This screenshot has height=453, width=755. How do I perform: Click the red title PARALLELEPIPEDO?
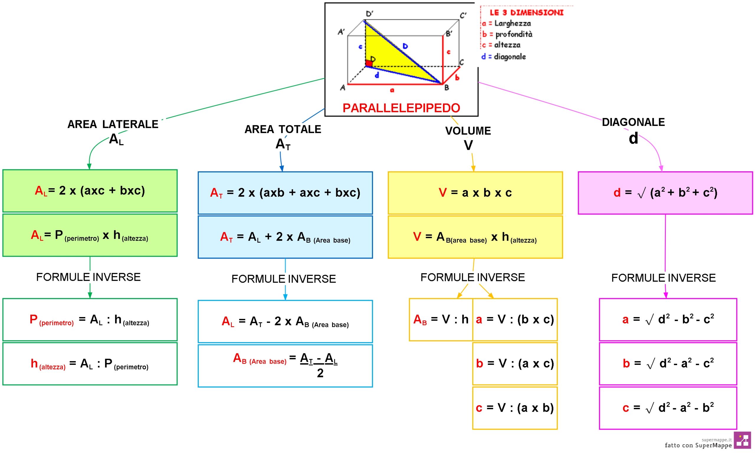(401, 108)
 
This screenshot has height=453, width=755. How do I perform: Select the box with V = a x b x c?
(475, 193)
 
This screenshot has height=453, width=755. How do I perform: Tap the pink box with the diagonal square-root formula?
(665, 193)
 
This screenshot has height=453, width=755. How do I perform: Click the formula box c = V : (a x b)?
(515, 408)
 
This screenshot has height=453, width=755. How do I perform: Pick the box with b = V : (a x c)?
(515, 363)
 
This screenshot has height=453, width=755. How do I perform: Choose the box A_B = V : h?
(441, 319)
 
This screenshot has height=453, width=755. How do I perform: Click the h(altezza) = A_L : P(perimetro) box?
(90, 364)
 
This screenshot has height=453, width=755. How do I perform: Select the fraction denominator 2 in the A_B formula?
(320, 373)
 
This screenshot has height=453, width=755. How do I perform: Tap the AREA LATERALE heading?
(113, 124)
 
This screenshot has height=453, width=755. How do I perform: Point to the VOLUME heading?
(468, 131)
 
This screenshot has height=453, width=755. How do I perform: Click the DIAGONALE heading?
(633, 122)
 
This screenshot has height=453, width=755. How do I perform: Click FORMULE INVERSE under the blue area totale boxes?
(283, 279)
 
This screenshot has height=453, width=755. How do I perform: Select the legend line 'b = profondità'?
(507, 34)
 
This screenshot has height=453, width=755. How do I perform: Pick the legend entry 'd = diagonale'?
(503, 56)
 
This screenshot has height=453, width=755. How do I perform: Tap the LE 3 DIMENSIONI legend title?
(526, 12)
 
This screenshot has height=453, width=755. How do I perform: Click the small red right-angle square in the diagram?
(369, 63)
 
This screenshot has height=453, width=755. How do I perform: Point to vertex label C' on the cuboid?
(463, 15)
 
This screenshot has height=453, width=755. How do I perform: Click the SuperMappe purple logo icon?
(742, 440)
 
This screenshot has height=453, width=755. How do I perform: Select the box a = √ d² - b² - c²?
(668, 319)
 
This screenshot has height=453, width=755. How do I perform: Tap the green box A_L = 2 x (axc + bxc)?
(90, 191)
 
